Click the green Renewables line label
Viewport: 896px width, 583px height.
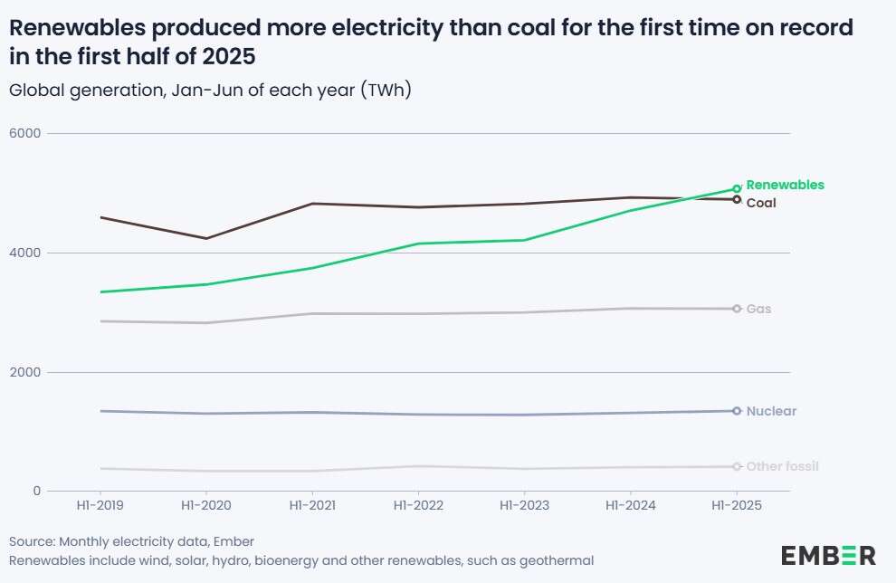(x=785, y=185)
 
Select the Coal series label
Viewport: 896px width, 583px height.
(x=761, y=203)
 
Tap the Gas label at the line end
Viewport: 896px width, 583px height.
(x=758, y=309)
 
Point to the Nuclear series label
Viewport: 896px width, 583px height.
(x=771, y=411)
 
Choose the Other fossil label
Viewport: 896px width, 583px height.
(x=782, y=466)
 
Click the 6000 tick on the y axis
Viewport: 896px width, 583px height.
(x=25, y=134)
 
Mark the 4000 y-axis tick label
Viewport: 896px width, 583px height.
(x=25, y=253)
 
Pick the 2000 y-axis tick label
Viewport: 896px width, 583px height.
(x=25, y=372)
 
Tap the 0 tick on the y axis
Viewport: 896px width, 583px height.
(x=37, y=491)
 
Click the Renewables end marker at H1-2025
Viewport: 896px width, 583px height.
(x=737, y=188)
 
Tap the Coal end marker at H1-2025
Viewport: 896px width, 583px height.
(x=737, y=199)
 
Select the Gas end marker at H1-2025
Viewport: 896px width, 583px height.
(x=737, y=309)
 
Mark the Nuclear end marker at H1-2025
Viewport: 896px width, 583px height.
(x=737, y=411)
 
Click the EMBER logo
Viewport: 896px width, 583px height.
(x=828, y=555)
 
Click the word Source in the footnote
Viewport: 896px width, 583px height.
(x=31, y=541)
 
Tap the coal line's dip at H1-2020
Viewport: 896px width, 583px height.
(x=207, y=238)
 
